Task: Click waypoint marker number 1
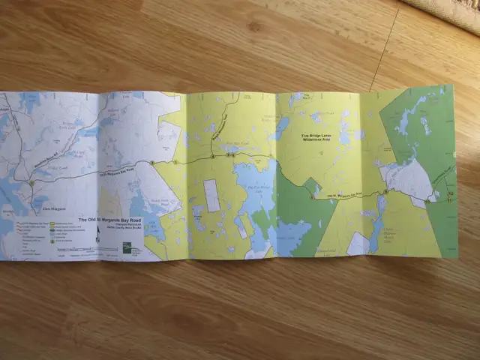(x=31, y=182)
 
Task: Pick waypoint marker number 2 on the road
(x=151, y=163)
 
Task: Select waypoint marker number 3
(x=175, y=162)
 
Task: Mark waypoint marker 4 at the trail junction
(x=213, y=158)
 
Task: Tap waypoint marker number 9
(x=384, y=193)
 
